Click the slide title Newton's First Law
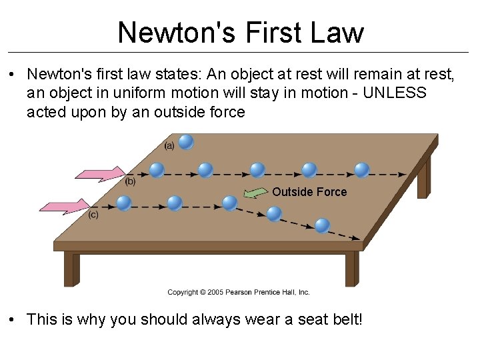[241, 31]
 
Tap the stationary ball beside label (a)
[186, 141]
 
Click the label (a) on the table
[169, 145]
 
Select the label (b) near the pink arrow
[131, 181]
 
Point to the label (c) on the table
[93, 214]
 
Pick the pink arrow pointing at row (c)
[65, 206]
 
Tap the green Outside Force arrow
[254, 193]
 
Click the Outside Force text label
[309, 192]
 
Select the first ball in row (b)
[157, 170]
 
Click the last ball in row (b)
[362, 170]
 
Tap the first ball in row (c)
[123, 202]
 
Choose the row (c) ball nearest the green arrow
[229, 202]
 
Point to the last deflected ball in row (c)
[322, 225]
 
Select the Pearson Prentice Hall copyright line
[239, 292]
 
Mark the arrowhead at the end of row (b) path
[401, 174]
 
